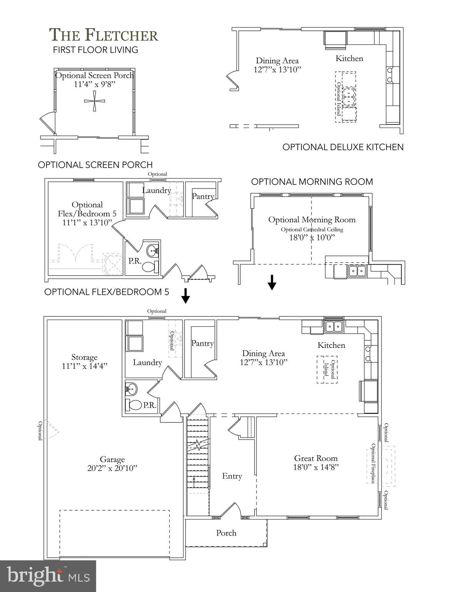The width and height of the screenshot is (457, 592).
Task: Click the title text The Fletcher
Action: coord(104,35)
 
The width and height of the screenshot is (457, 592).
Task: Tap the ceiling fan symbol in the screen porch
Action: coord(94,101)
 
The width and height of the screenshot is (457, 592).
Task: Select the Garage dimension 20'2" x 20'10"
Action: coord(112,468)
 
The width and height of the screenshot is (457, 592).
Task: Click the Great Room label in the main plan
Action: coord(316,458)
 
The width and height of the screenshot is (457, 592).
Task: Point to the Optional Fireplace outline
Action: coord(381,465)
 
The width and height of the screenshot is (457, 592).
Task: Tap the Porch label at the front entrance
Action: coord(226,533)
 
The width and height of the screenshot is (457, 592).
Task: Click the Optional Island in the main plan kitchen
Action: coord(327,369)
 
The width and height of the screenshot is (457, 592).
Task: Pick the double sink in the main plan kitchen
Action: coord(334,326)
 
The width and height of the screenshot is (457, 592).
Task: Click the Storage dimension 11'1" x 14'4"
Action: coord(84,366)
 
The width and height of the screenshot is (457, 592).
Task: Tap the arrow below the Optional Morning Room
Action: coord(272,282)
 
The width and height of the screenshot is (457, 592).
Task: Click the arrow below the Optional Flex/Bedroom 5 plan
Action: coord(186,296)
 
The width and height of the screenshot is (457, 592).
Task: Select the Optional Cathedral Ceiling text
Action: coord(311,230)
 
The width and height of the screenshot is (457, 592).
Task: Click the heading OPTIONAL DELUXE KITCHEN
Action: coord(343,147)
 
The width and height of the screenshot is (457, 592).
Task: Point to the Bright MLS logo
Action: coord(48,576)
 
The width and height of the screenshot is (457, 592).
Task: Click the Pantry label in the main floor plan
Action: coord(202,343)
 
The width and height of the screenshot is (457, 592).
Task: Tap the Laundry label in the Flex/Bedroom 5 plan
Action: coord(156,190)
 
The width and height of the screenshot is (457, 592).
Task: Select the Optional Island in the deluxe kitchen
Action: coord(345,97)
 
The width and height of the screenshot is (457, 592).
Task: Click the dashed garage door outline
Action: coord(115,534)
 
